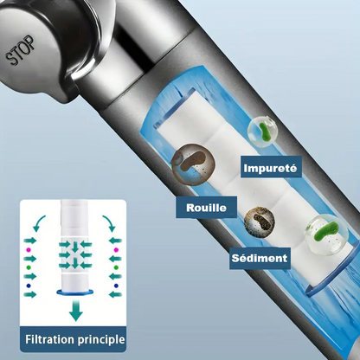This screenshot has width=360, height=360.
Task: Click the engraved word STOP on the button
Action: click(21, 50)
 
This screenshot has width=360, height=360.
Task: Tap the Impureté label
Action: click(271, 167)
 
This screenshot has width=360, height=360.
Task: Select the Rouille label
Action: click(206, 208)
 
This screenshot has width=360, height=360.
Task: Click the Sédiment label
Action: click(260, 258)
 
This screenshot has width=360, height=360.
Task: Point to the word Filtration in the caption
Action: click(50, 339)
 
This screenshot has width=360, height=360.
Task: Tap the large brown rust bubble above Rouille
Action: click(194, 164)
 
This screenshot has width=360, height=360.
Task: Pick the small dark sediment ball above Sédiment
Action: click(260, 222)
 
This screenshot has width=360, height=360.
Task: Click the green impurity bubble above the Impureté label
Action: click(263, 132)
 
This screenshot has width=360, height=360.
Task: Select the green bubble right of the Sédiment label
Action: click(327, 235)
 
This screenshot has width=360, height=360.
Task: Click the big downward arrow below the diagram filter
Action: click(76, 310)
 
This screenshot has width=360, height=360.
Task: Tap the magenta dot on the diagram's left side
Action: click(29, 249)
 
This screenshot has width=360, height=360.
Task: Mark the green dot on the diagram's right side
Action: click(116, 267)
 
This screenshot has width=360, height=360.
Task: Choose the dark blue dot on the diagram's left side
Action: click(29, 286)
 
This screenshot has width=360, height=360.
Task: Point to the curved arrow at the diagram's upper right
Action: click(110, 222)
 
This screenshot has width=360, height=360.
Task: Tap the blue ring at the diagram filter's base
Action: click(75, 292)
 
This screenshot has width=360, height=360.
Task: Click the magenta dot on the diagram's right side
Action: click(116, 250)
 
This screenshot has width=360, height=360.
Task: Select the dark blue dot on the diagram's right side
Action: click(116, 286)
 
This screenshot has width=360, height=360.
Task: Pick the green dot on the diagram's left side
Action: click(29, 267)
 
